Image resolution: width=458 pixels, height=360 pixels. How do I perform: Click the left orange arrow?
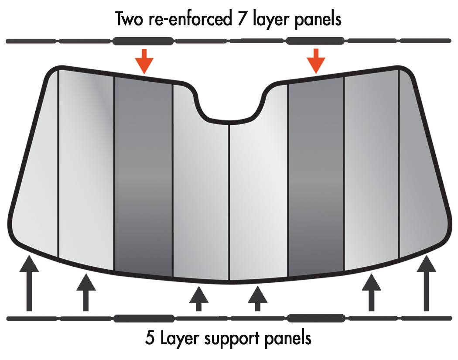point(144,61)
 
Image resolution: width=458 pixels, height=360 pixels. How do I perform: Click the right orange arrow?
point(316,61)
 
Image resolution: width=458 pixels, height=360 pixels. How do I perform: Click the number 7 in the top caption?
point(249,19)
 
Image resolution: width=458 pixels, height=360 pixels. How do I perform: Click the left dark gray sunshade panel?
point(144,175)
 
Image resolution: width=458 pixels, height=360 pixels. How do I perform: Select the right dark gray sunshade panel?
point(316,175)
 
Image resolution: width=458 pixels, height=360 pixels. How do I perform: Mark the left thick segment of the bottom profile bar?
point(144,318)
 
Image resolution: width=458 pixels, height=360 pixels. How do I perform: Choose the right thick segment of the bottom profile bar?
point(316,318)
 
